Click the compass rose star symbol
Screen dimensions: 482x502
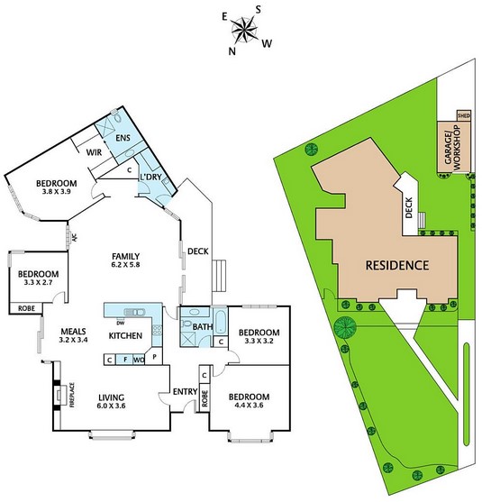(x=244, y=31)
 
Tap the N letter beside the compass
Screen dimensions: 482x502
(x=232, y=51)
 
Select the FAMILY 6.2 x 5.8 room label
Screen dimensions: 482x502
(x=126, y=260)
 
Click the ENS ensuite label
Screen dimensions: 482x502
(x=123, y=138)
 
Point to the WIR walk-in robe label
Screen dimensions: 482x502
(x=94, y=152)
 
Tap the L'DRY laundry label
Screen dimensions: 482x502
(x=151, y=177)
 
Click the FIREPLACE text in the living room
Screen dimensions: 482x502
(x=72, y=395)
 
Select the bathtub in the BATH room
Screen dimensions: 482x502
(x=220, y=321)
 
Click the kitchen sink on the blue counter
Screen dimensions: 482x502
(x=134, y=312)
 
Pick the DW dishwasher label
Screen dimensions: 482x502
(x=121, y=323)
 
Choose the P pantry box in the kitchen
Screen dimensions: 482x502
(x=155, y=356)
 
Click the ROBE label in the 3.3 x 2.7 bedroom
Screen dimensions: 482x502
(x=26, y=308)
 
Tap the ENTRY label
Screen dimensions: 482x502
(x=185, y=391)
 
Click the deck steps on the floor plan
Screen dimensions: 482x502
(x=219, y=276)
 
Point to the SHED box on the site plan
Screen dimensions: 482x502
(x=464, y=115)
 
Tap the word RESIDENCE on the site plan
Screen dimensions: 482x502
(x=397, y=265)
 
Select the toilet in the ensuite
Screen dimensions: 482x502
(x=117, y=116)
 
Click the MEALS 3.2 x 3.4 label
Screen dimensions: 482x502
(x=73, y=335)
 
